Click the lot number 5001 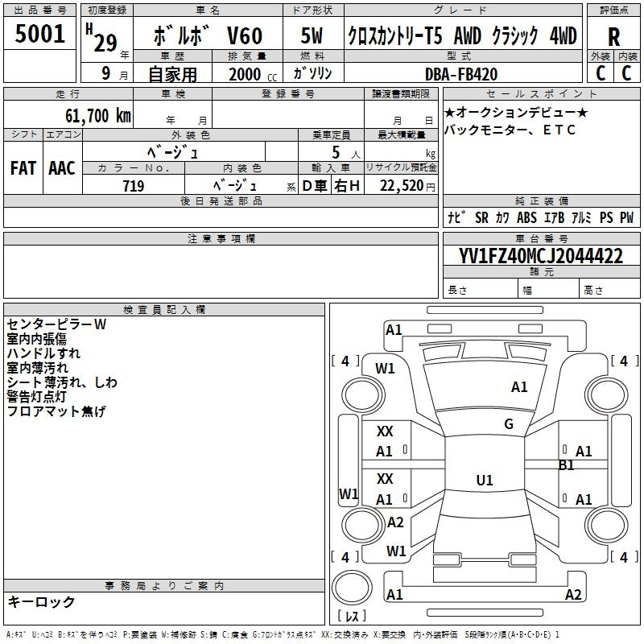pos(39,34)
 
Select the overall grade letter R pos(613,37)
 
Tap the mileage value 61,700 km pos(97,116)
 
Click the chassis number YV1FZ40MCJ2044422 pos(540,256)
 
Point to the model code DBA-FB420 pos(460,74)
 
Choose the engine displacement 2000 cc pos(253,74)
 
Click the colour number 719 pos(133,186)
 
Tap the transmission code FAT pos(23,168)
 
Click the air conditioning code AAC pos(62,168)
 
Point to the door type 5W pos(312,35)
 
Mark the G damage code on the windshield pos(509,424)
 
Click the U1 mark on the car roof pos(485,480)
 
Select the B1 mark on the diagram pos(567,465)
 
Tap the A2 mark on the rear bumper pos(573,594)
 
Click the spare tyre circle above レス pos(352,588)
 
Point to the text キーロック pos(41,601)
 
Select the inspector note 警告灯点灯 pos(36,397)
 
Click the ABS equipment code pos(526,217)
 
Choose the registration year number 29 pos(105,43)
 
